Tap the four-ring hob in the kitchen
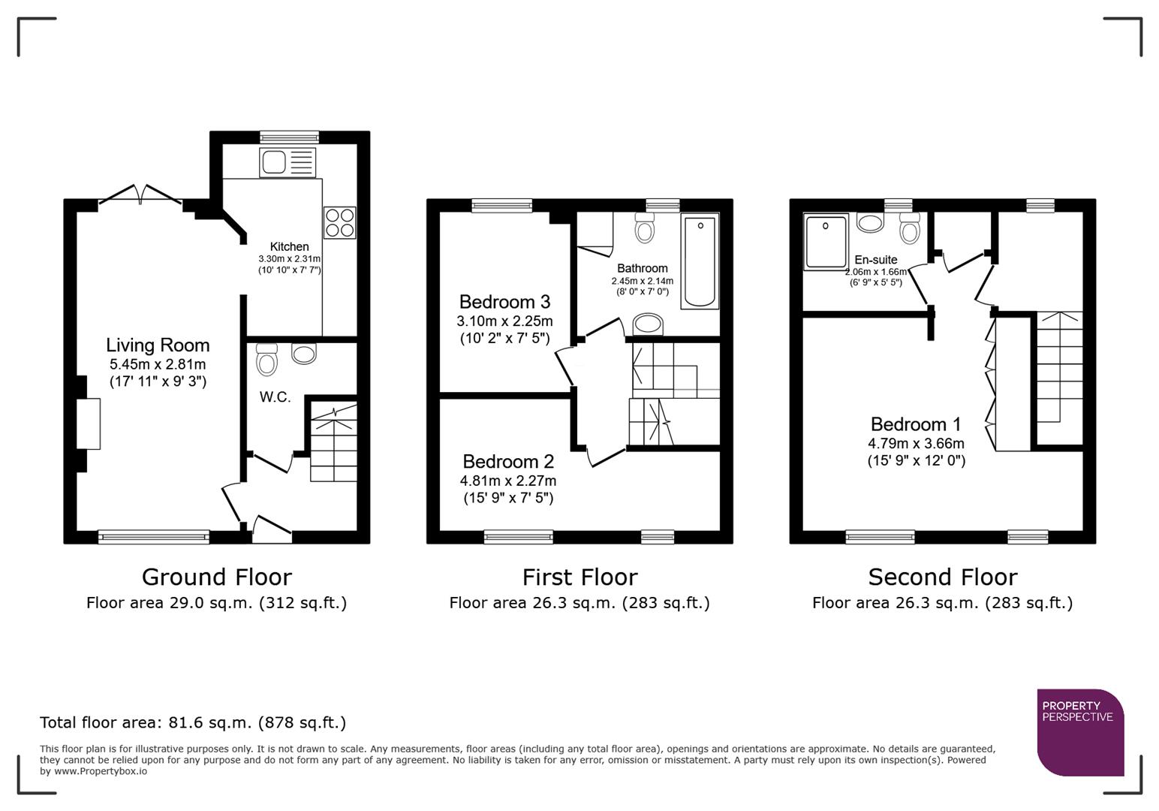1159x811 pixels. click(x=339, y=223)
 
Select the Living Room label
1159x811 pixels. click(x=158, y=345)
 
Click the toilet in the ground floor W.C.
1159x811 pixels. click(x=266, y=360)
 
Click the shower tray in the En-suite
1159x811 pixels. click(x=826, y=241)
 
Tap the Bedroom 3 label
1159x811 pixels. click(x=504, y=302)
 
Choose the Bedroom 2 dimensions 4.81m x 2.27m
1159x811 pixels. click(x=508, y=481)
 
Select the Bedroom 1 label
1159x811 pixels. click(x=916, y=424)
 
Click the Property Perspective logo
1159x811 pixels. click(x=1080, y=732)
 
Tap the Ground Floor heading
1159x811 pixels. click(x=216, y=577)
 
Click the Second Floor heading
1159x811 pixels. click(x=942, y=577)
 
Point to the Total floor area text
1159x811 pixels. click(x=193, y=722)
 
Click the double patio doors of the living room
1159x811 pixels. click(x=140, y=194)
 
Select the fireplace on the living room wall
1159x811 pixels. click(x=88, y=424)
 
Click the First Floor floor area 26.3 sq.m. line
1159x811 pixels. click(x=579, y=602)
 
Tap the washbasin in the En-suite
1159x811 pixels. click(x=871, y=223)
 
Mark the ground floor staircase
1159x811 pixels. click(x=333, y=442)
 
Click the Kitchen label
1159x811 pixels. click(x=289, y=246)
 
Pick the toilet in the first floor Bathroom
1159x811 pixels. click(x=644, y=229)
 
